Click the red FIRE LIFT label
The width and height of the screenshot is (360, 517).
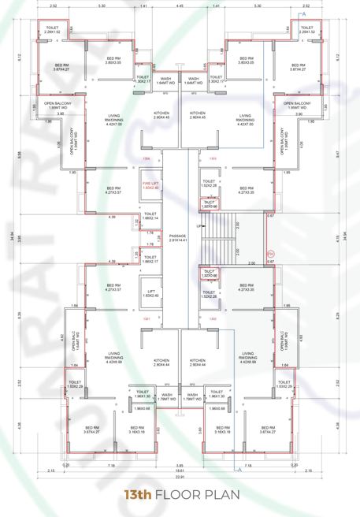pos(150,185)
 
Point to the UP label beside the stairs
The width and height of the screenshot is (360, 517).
pos(201,226)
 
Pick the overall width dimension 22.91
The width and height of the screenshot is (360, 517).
pos(180,477)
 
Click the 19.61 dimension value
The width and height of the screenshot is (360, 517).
pos(180,470)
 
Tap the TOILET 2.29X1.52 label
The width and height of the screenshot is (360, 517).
pos(52,30)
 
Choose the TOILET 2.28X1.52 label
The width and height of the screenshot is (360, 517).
pos(307,30)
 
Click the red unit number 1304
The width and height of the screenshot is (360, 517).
pos(147,158)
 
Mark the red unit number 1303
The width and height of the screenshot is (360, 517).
pos(213,158)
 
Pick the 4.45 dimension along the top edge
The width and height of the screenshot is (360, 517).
pos(180,6)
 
